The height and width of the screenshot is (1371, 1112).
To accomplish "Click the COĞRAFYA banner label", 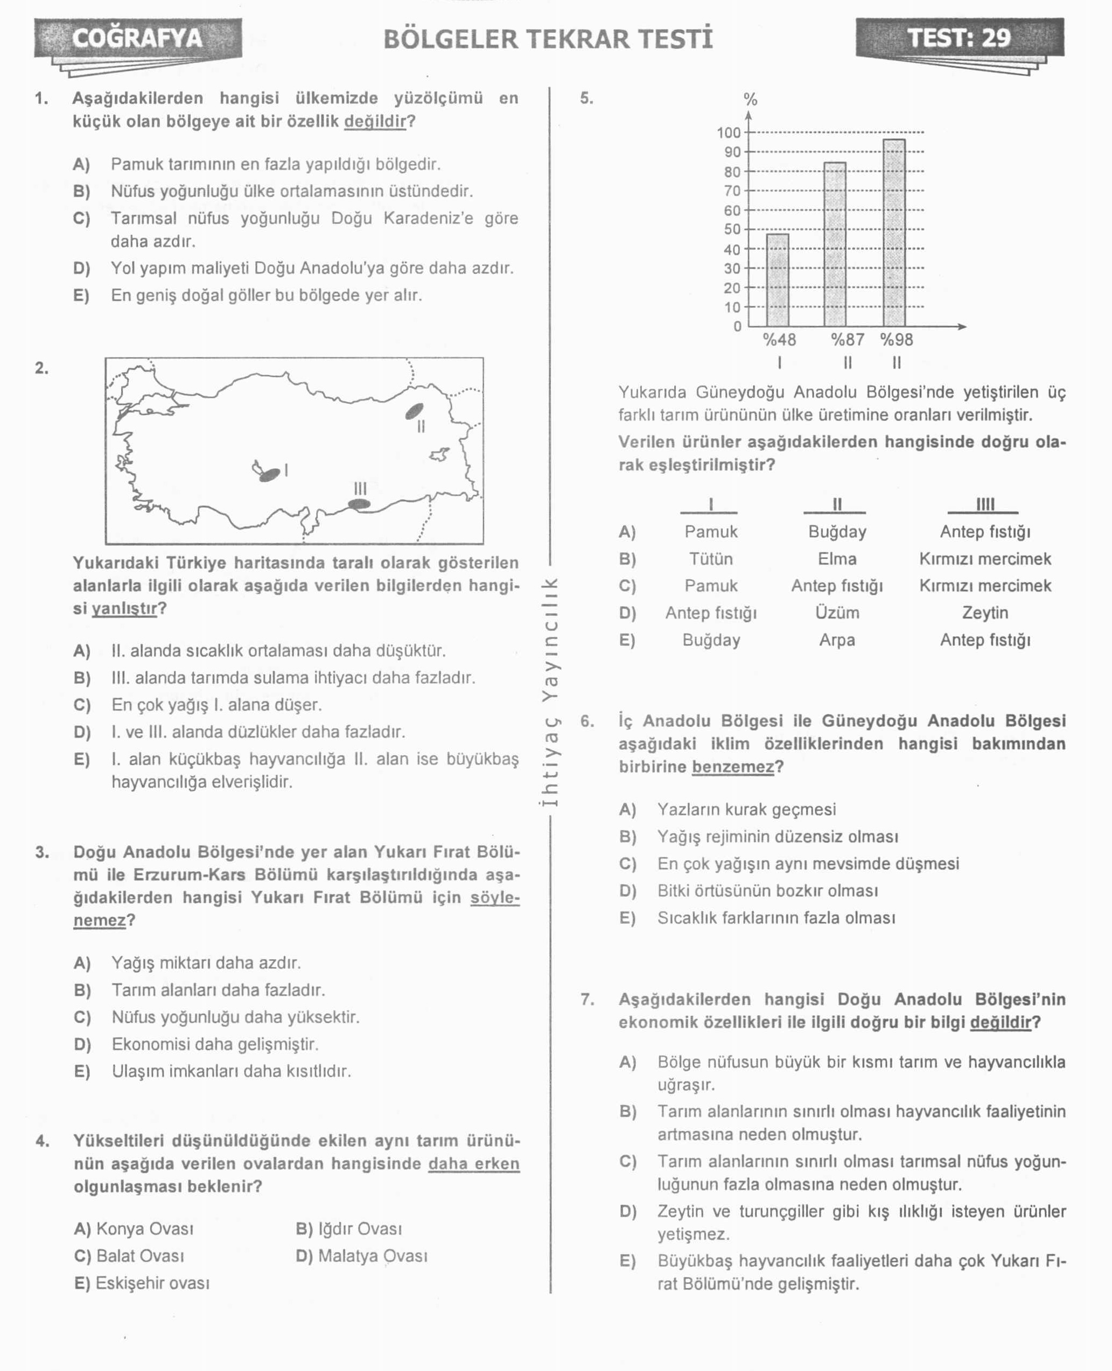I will coord(137,38).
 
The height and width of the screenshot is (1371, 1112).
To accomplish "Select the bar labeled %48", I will coord(778,280).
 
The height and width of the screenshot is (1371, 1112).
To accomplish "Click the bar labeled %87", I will coord(835,244).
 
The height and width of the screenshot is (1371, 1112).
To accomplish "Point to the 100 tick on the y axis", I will coord(728,132).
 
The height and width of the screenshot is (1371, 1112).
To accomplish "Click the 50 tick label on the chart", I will coord(732,229).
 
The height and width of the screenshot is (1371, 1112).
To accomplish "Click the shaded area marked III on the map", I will coord(359,504).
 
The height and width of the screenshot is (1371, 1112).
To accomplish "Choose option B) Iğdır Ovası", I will coord(349,1228).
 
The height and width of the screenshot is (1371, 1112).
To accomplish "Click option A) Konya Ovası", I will coord(134,1228).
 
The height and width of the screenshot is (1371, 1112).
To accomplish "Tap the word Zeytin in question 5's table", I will coord(984,613).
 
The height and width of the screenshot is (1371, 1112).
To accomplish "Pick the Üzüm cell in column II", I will coord(837,613).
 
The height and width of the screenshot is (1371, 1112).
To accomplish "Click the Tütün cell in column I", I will coord(711,559).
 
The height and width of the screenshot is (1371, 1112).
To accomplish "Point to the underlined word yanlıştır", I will coord(124,608).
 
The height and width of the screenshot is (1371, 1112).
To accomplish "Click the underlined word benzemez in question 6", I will coord(733,767).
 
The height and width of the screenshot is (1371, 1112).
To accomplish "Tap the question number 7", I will coord(588,999).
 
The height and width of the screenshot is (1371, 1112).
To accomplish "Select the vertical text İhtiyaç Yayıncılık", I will coord(550,692).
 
